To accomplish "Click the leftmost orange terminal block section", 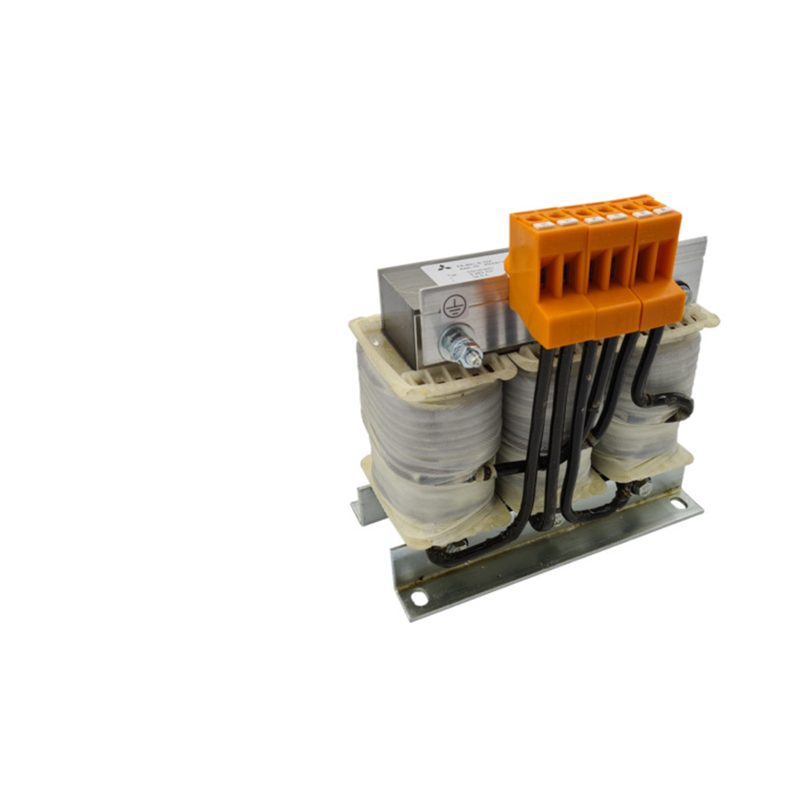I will (x=550, y=273).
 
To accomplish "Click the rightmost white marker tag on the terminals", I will (x=666, y=210).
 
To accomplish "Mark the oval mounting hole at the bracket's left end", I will (x=419, y=598).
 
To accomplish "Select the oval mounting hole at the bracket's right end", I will (x=678, y=503).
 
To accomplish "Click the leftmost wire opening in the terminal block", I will (x=550, y=279).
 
